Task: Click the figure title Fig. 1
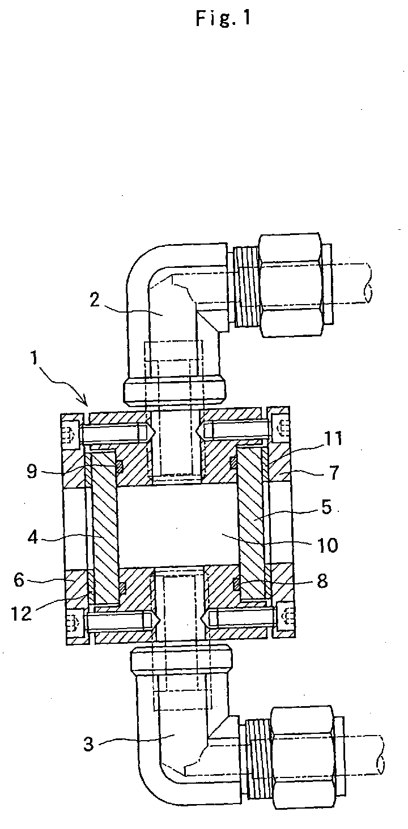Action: click(x=224, y=18)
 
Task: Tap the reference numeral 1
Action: click(x=35, y=358)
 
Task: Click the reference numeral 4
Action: click(x=33, y=537)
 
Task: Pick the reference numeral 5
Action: click(x=326, y=507)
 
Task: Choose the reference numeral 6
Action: click(x=19, y=580)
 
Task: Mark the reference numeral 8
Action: click(x=322, y=581)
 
